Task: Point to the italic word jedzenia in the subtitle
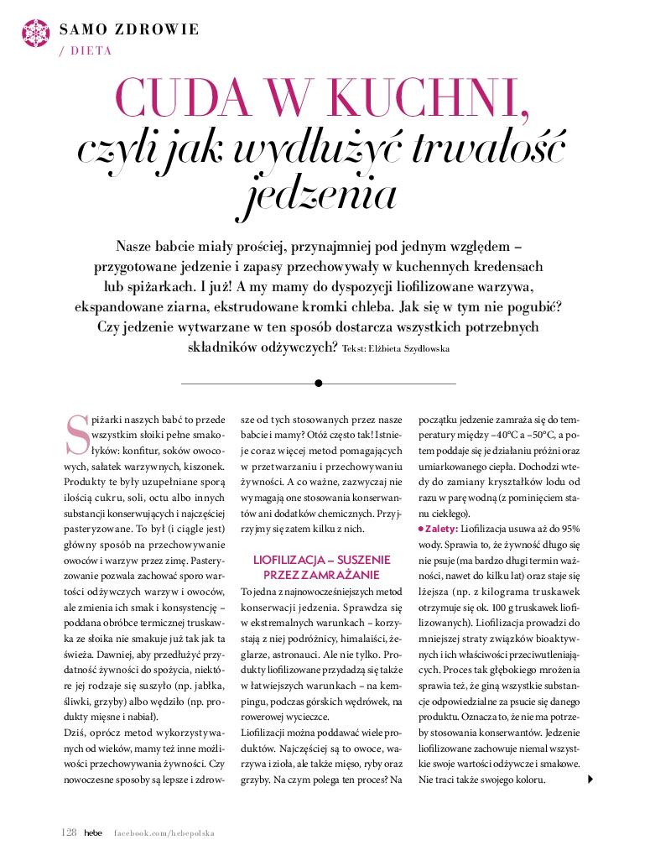pyautogui.click(x=324, y=194)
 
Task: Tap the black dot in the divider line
pyautogui.click(x=318, y=384)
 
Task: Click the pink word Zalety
pyautogui.click(x=439, y=530)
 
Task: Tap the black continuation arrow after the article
pyautogui.click(x=592, y=780)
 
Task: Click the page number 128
pyautogui.click(x=70, y=833)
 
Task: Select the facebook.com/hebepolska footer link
pyautogui.click(x=164, y=833)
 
